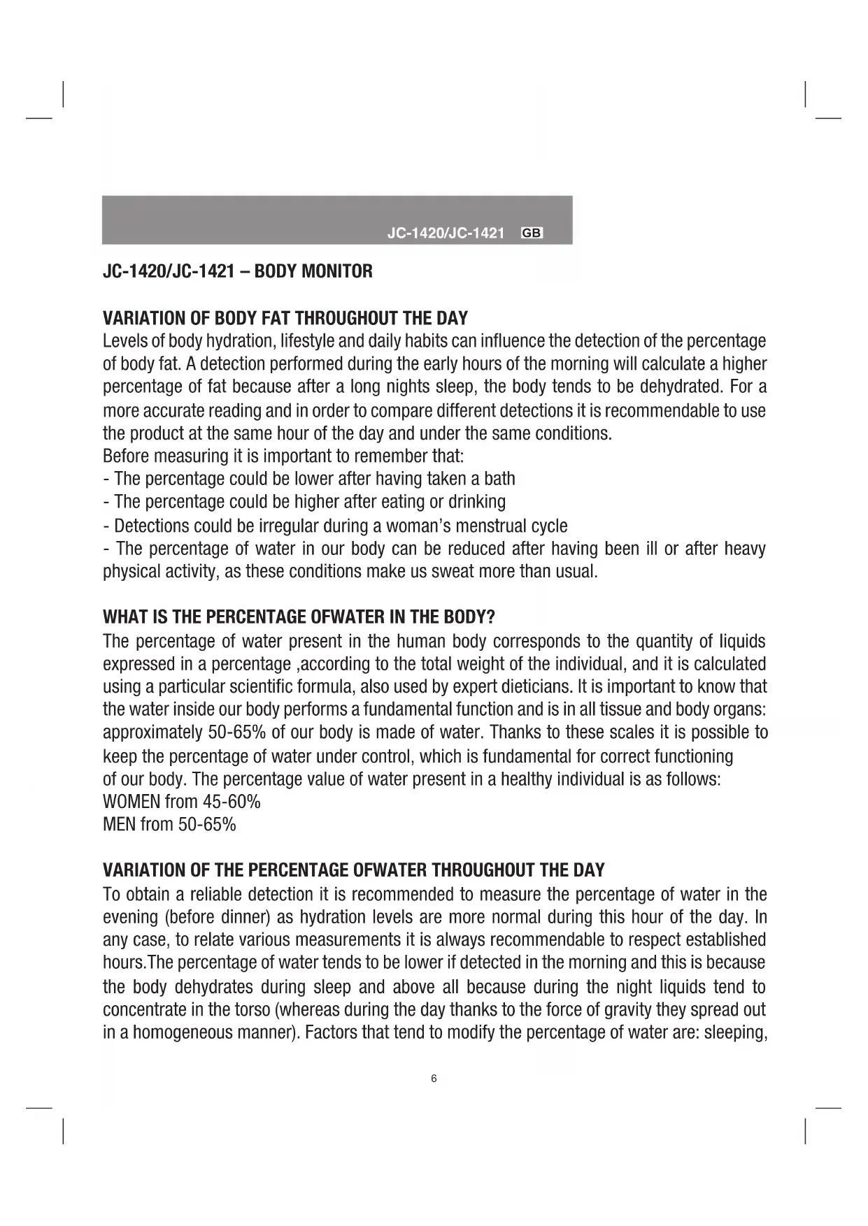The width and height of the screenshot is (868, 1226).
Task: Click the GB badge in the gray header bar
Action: coord(532,233)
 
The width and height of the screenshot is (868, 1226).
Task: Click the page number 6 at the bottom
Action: coord(434,1079)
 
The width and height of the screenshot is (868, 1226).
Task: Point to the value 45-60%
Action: coord(232,802)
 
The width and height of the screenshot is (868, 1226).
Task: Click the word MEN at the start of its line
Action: coord(119,825)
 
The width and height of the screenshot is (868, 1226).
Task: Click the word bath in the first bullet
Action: coord(500,479)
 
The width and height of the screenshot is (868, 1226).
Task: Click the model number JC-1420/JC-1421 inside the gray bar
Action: coord(446,233)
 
